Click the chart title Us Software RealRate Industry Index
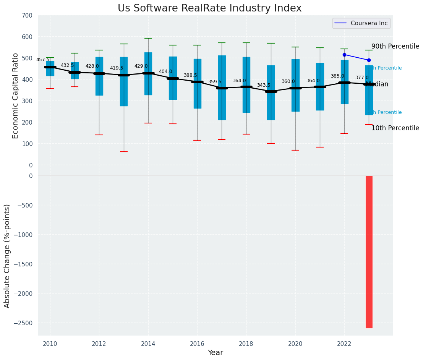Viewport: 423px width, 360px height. tap(209, 8)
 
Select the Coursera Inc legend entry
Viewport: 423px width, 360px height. tap(361, 23)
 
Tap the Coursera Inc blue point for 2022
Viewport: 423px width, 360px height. tap(344, 55)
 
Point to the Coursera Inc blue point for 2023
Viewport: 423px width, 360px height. tap(369, 60)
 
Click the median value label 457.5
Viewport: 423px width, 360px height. tap(43, 60)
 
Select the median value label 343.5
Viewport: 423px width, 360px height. tap(264, 85)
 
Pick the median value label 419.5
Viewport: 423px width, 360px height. tap(117, 68)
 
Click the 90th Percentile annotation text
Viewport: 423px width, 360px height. tap(395, 46)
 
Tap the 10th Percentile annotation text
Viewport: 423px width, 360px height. tap(395, 128)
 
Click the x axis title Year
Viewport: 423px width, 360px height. tap(215, 353)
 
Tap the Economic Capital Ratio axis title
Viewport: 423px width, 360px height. tap(15, 96)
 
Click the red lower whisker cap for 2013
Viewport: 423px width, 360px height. tap(124, 152)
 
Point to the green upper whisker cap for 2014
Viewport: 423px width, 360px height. tap(148, 38)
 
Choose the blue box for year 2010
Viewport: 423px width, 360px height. tap(50, 69)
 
